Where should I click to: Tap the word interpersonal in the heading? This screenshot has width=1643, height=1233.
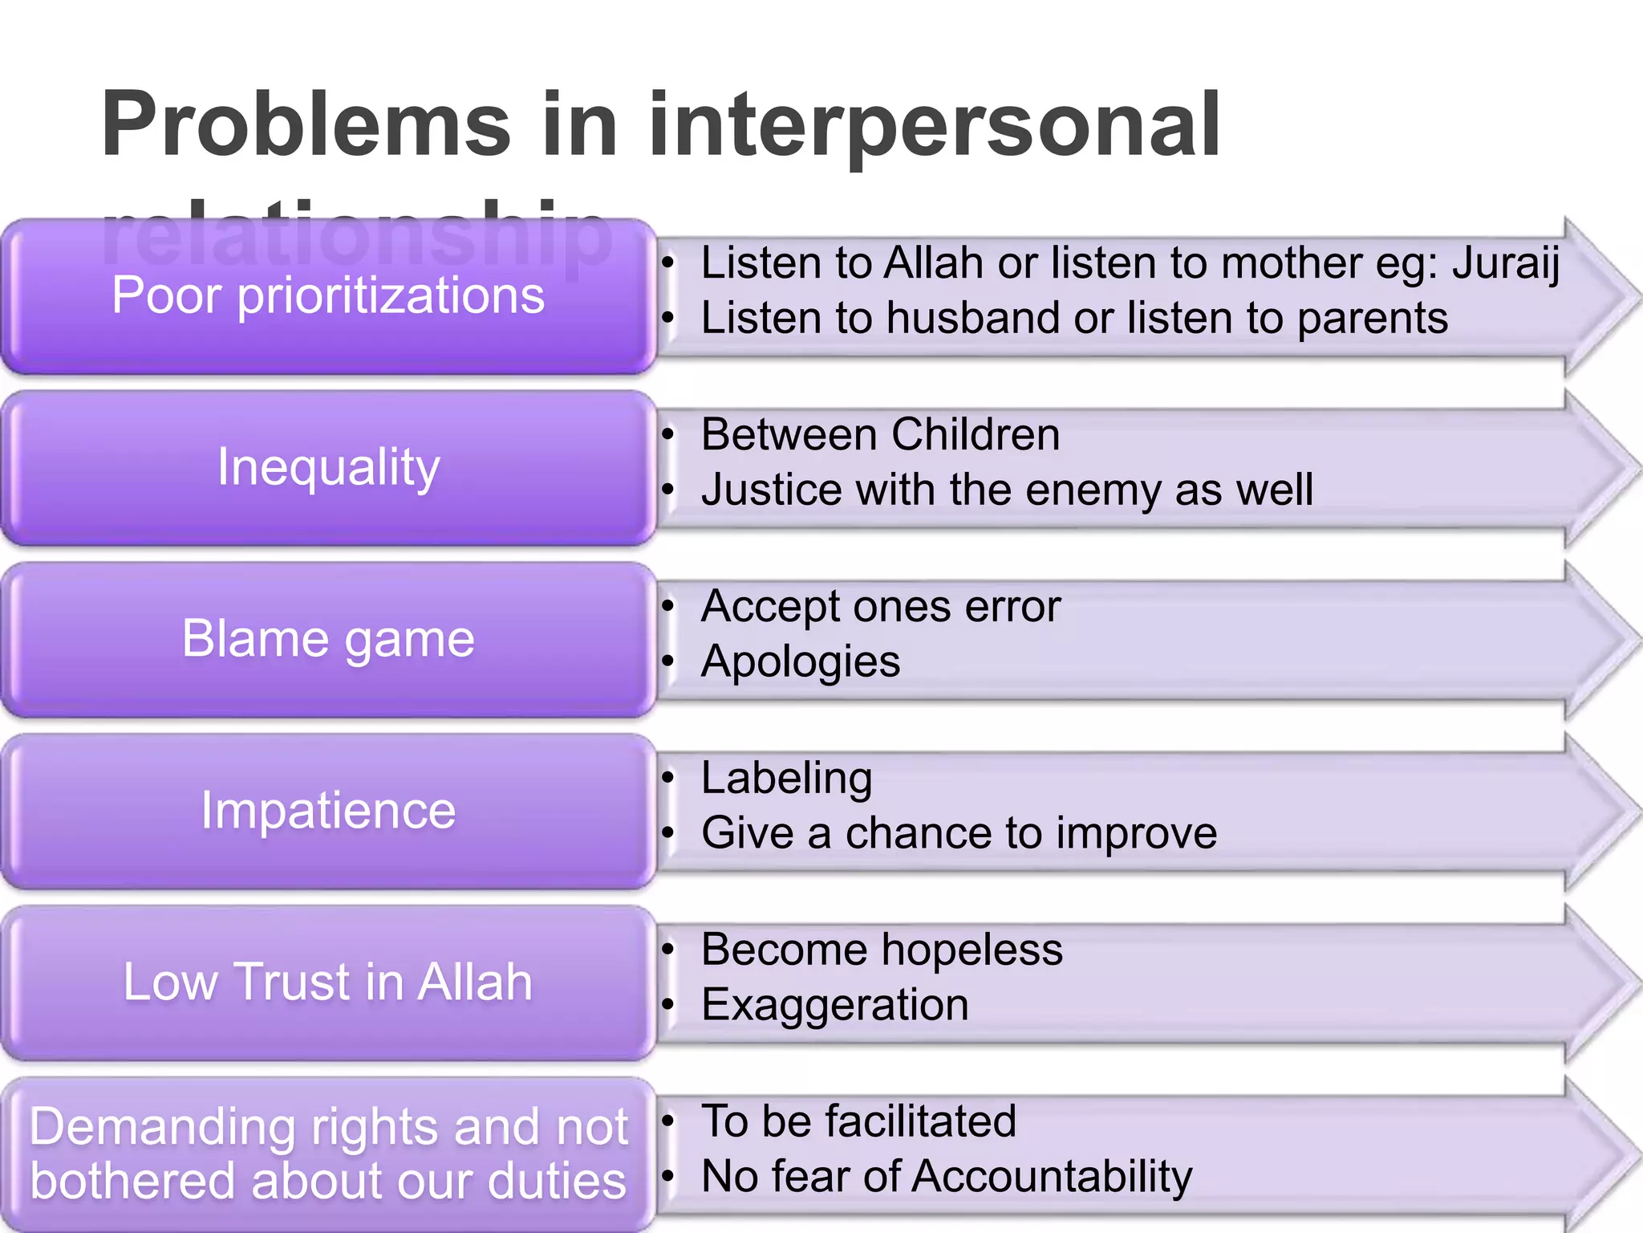pos(934,124)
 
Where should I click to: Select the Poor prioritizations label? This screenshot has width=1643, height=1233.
pos(328,295)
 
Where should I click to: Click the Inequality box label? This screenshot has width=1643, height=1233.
pos(328,466)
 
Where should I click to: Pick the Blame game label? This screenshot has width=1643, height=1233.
pos(328,638)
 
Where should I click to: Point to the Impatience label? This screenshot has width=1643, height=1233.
pos(328,810)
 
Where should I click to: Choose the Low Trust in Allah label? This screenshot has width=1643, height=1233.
pos(328,982)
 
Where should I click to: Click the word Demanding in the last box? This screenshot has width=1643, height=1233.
pos(163,1127)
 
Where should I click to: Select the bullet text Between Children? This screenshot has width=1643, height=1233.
pos(880,434)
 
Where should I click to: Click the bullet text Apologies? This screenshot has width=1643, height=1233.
pos(800,662)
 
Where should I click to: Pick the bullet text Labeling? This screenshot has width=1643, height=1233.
pos(786,778)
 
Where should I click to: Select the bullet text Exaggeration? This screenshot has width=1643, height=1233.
pos(834,1005)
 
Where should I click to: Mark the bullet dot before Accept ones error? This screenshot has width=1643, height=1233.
pos(667,607)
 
